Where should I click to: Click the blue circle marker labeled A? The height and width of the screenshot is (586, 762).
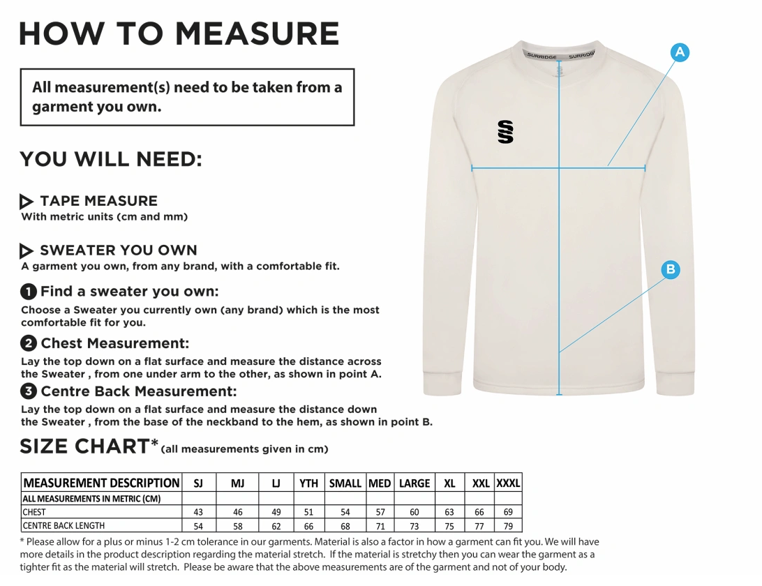pyautogui.click(x=680, y=52)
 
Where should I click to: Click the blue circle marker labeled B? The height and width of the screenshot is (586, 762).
pyautogui.click(x=670, y=269)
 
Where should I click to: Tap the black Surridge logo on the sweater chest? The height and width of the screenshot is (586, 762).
pyautogui.click(x=506, y=131)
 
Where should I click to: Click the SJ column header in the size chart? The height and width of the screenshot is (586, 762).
pyautogui.click(x=198, y=483)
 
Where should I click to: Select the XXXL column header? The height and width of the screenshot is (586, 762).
pyautogui.click(x=508, y=483)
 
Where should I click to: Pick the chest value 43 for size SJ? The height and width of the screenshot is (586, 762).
pyautogui.click(x=198, y=512)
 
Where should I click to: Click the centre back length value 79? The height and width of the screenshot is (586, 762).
pyautogui.click(x=508, y=526)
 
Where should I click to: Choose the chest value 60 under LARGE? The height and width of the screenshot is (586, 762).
pyautogui.click(x=414, y=512)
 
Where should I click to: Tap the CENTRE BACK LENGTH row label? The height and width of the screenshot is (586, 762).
pyautogui.click(x=63, y=526)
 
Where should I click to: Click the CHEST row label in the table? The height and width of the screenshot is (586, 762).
pyautogui.click(x=34, y=512)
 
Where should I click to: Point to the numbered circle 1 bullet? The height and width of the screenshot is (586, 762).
pyautogui.click(x=29, y=292)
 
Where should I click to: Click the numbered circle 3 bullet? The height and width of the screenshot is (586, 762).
pyautogui.click(x=29, y=391)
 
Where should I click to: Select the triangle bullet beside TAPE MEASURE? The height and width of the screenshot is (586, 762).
pyautogui.click(x=27, y=202)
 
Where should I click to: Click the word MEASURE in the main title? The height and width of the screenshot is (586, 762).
pyautogui.click(x=257, y=33)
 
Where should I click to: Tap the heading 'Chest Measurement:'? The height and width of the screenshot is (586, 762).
pyautogui.click(x=114, y=343)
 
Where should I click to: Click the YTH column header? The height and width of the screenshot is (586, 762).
pyautogui.click(x=308, y=483)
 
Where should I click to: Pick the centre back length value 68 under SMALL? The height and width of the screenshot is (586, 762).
pyautogui.click(x=345, y=526)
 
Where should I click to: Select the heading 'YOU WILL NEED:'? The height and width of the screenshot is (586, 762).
pyautogui.click(x=111, y=160)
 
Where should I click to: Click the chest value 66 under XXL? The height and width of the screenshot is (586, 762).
pyautogui.click(x=479, y=512)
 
